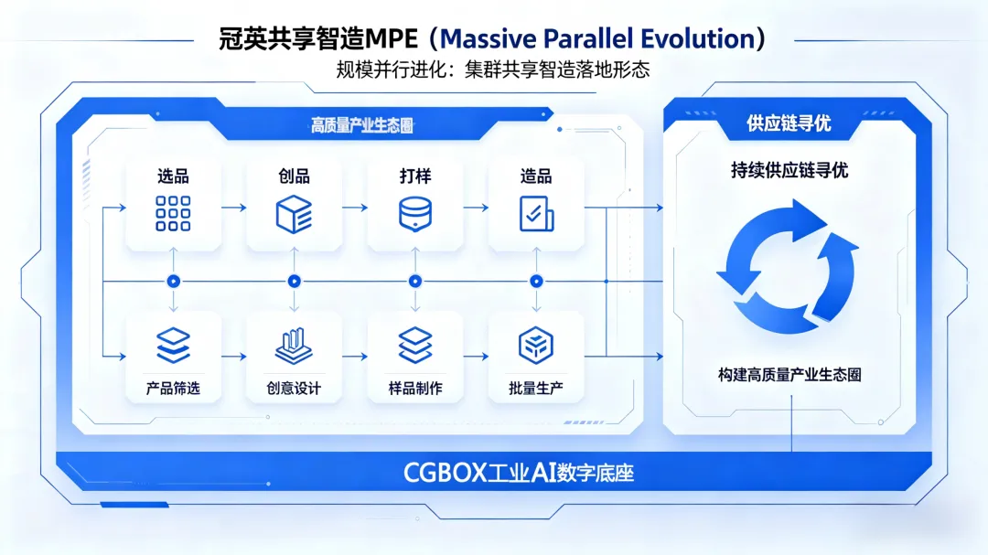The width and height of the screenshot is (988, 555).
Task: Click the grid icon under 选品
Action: (173, 213)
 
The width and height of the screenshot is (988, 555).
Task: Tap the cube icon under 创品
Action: (294, 213)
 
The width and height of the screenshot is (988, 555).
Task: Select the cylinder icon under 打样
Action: (414, 213)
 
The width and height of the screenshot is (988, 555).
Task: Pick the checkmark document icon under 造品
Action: (535, 213)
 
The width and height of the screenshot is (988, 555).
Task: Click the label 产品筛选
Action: (173, 389)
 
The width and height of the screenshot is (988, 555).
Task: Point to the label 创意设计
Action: (294, 389)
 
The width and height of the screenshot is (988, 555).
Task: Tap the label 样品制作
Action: (414, 389)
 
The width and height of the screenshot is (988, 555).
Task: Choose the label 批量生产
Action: (535, 389)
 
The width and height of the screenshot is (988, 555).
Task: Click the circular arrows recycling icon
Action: (788, 266)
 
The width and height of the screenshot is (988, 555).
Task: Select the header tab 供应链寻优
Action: (788, 123)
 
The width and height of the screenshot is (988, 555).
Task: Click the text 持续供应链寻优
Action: (788, 170)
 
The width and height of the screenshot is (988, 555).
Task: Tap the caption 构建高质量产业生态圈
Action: (789, 375)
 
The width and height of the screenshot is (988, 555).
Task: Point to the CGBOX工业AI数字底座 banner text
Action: (519, 473)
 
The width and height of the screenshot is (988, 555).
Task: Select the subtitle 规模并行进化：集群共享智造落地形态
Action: (493, 69)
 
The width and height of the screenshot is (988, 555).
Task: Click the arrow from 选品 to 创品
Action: (233, 208)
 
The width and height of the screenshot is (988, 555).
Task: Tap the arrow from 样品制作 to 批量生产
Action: (476, 357)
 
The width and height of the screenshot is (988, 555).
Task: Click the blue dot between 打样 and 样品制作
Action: (414, 281)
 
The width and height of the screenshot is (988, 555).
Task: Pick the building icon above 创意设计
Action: (294, 345)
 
